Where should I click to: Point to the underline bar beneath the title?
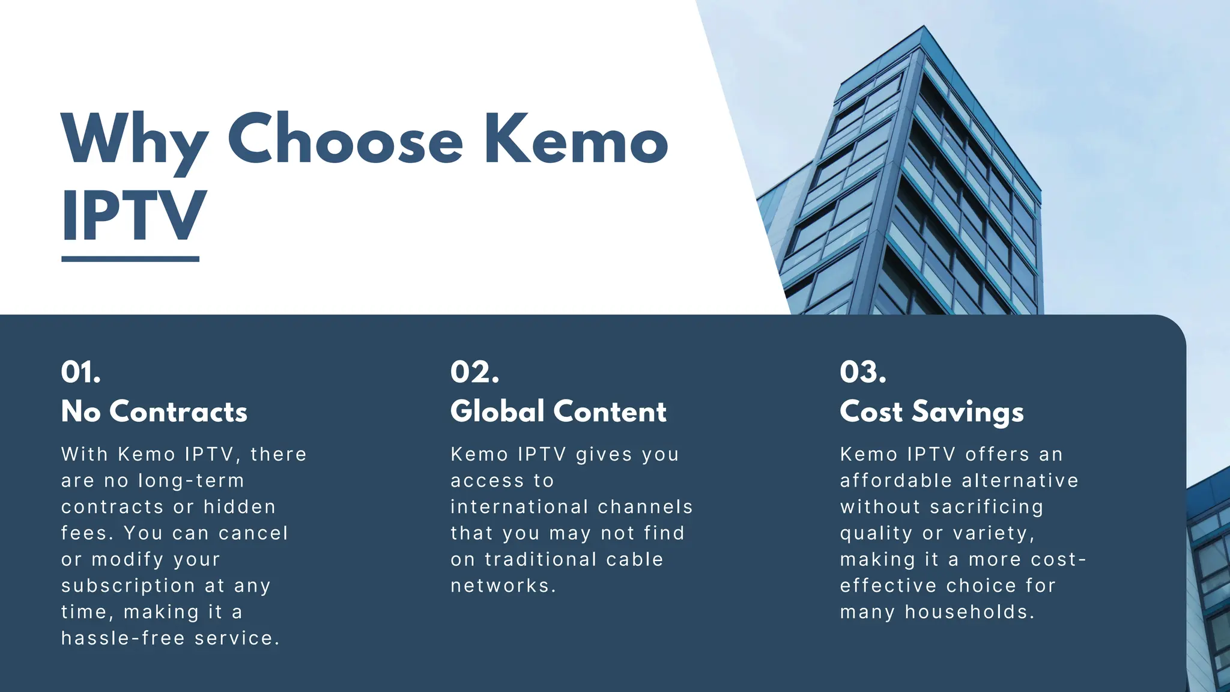[130, 259]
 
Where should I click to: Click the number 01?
[81, 372]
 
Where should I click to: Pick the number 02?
[474, 372]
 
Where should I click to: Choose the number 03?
[863, 372]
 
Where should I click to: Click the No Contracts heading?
[154, 412]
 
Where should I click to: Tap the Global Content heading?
[559, 412]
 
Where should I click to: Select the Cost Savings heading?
[932, 412]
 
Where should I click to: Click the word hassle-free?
[123, 638]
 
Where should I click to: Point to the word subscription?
[128, 586]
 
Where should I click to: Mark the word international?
[520, 507]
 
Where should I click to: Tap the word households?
[969, 612]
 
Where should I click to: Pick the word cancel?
[253, 533]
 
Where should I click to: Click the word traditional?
[541, 559]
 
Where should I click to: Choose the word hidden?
[240, 507]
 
